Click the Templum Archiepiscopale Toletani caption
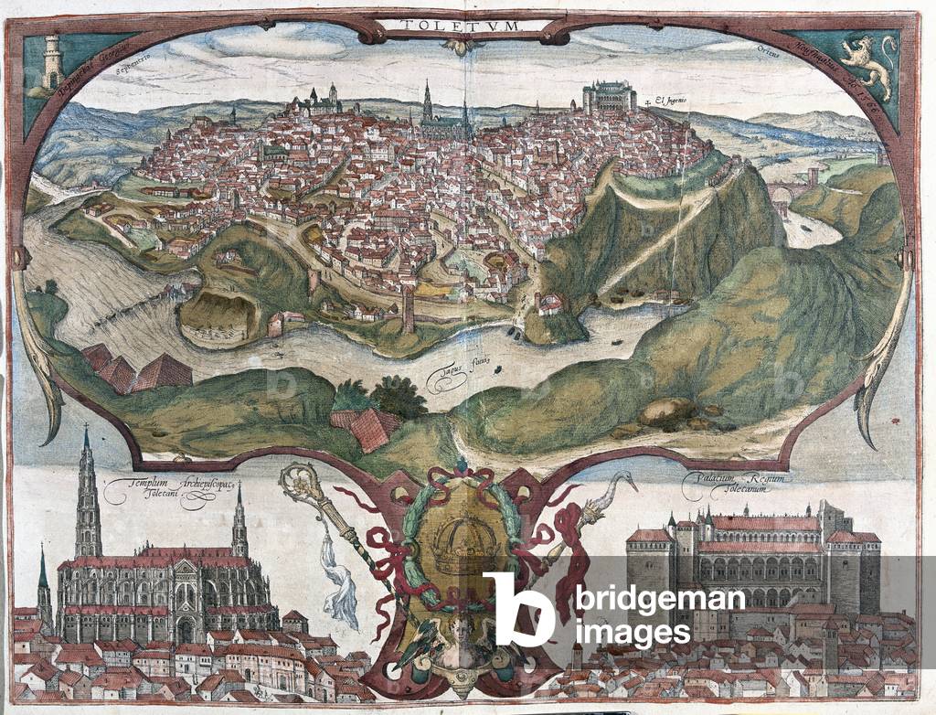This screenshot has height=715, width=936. click(169, 493)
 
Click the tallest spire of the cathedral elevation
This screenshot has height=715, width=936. click(88, 494)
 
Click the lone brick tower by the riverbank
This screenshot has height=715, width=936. click(408, 311)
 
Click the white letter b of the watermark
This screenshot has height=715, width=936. click(518, 608)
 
